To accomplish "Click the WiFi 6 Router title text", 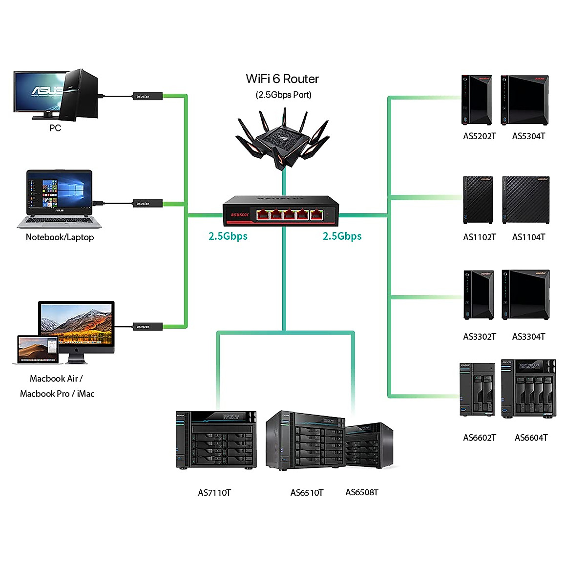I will pos(282,79).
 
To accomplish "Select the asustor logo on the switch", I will pos(239,214).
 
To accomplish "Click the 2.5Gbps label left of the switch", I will pos(228,236).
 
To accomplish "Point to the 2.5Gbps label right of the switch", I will pos(342,236).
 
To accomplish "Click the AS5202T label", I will pos(479,136).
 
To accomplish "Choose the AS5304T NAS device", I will pos(525,100).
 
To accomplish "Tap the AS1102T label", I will pos(479,237).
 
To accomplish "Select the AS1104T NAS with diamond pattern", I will pos(525,200).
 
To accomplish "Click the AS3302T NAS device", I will pos(479,294).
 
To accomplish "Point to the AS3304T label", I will pos(528,337).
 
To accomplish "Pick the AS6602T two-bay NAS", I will pos(477,390).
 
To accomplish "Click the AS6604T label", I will pos(531,438).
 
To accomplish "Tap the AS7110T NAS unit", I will pos(216,440).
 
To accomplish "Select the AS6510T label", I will pos(307,493).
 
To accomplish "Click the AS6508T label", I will pos(362,492).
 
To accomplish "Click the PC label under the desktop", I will pos(55,128).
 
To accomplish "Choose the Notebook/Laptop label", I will pos(60,237).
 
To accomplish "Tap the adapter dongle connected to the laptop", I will pos(143,203).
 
